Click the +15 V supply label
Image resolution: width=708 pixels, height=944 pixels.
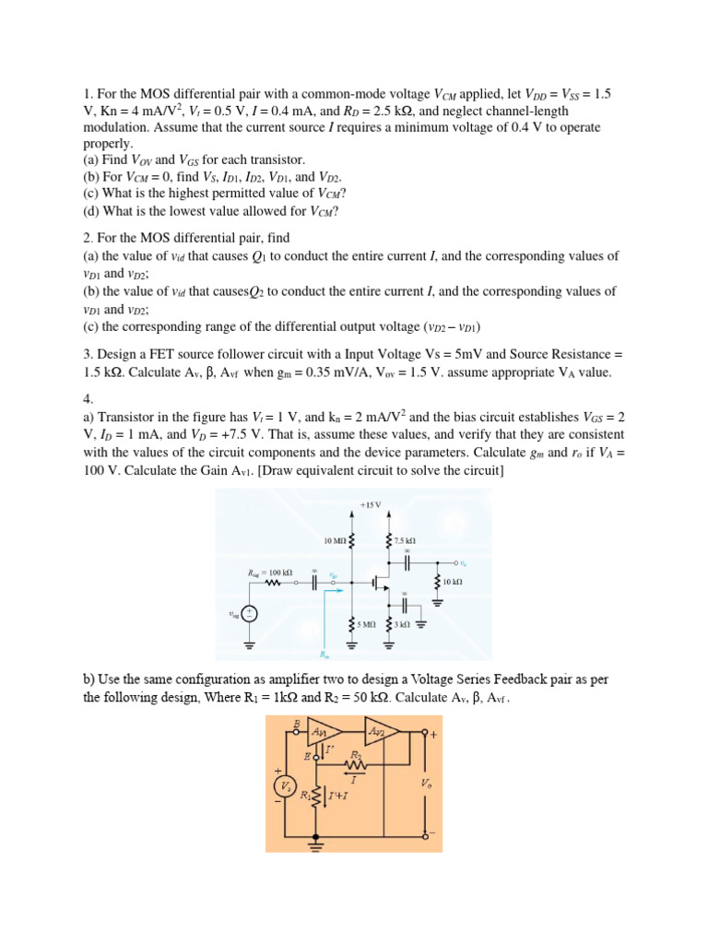pyautogui.click(x=371, y=504)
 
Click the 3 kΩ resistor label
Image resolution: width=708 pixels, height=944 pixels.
pyautogui.click(x=401, y=624)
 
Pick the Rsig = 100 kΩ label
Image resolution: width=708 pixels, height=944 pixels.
pyautogui.click(x=272, y=572)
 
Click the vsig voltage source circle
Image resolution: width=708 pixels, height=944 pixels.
pyautogui.click(x=250, y=614)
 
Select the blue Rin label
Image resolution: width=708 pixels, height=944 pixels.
pyautogui.click(x=324, y=655)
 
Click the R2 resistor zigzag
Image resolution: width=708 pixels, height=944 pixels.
pyautogui.click(x=355, y=763)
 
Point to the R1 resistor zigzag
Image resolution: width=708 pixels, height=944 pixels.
pyautogui.click(x=318, y=796)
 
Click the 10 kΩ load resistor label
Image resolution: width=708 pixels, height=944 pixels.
pyautogui.click(x=452, y=583)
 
